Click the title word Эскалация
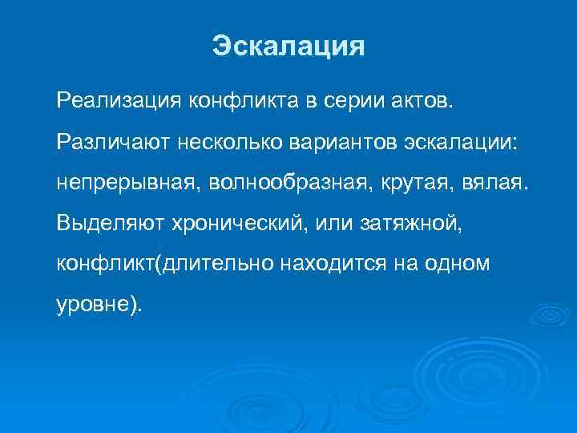click(288, 46)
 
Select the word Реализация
click(119, 103)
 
